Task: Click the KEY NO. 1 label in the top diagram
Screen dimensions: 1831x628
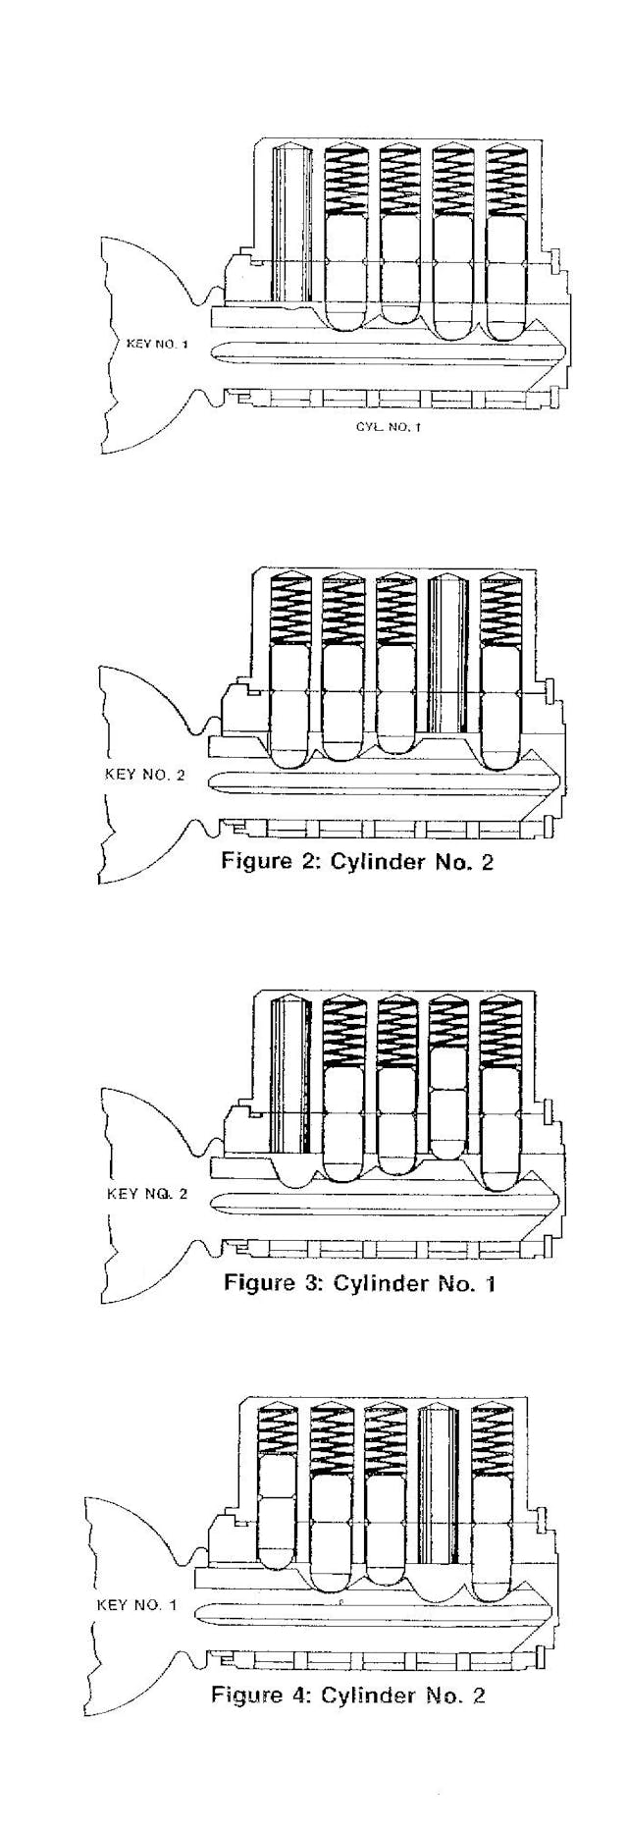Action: pyautogui.click(x=157, y=345)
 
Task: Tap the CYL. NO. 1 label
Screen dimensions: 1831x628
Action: pyautogui.click(x=389, y=427)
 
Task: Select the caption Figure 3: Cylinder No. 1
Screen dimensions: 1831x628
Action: pyautogui.click(x=359, y=1282)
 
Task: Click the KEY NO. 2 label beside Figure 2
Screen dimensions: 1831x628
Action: pyautogui.click(x=144, y=775)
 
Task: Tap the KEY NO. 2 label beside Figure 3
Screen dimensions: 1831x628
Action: pyautogui.click(x=145, y=1195)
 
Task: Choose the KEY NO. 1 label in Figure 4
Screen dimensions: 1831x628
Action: pyautogui.click(x=137, y=1605)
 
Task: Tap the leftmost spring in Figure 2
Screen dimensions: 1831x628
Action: pyautogui.click(x=289, y=608)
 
